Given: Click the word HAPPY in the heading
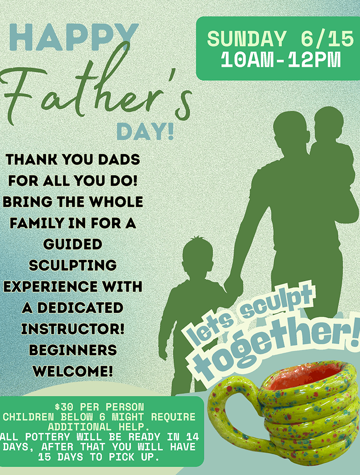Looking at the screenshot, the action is pos(74,37).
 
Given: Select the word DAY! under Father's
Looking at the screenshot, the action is pos(145,132).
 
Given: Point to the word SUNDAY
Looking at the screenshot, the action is pos(247,39).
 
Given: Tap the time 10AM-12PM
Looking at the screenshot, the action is pos(281,60).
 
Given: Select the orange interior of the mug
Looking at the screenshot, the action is pos(306,376).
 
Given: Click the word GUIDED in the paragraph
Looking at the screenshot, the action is pos(73,244).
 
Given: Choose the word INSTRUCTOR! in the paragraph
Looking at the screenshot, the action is pos(73,329).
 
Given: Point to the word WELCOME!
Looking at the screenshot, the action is pos(73,371).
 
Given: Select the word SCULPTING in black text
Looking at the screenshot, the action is pos(73,265).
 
